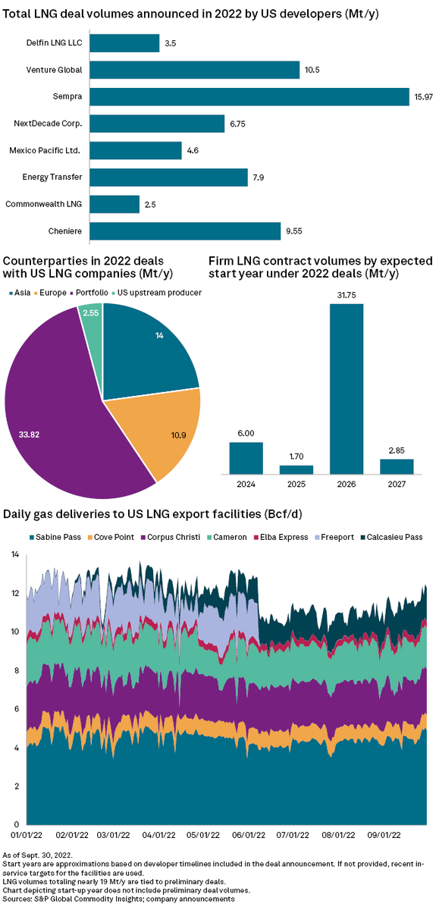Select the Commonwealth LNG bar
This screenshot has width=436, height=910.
(114, 205)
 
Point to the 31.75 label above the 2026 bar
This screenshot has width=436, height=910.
(346, 295)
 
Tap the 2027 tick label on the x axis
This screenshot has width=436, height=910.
(396, 482)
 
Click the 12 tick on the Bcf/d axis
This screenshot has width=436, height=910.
(14, 594)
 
